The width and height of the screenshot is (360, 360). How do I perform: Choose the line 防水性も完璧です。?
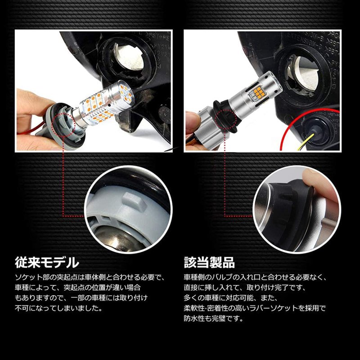214,319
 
